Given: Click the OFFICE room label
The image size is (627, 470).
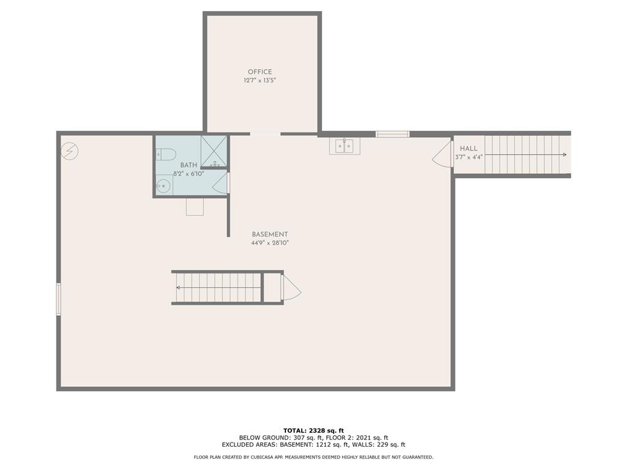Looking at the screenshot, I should (x=260, y=72).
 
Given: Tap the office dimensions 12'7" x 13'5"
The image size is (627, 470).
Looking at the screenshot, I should (x=260, y=81).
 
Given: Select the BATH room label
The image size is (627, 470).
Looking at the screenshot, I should (x=189, y=165).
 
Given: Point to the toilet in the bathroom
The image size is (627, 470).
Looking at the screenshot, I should (x=166, y=154).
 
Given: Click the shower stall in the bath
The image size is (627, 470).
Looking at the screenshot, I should (x=214, y=151).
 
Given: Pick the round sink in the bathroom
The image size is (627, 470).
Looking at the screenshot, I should (x=163, y=187).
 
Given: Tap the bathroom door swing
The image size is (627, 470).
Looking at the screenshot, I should (x=221, y=184).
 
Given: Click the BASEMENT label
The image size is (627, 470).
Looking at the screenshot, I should (x=269, y=234).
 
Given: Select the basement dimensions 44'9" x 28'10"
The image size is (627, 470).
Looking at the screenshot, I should (x=269, y=243).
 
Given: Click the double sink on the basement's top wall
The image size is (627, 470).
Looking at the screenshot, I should (x=342, y=146).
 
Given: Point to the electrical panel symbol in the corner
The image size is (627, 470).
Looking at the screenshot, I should (x=70, y=150).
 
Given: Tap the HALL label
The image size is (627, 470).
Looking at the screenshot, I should (x=468, y=148).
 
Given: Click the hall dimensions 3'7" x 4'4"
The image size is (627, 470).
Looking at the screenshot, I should (x=468, y=157).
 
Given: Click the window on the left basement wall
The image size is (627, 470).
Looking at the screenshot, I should (x=59, y=299).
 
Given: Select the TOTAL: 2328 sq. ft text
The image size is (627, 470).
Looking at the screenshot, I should (x=313, y=430).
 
